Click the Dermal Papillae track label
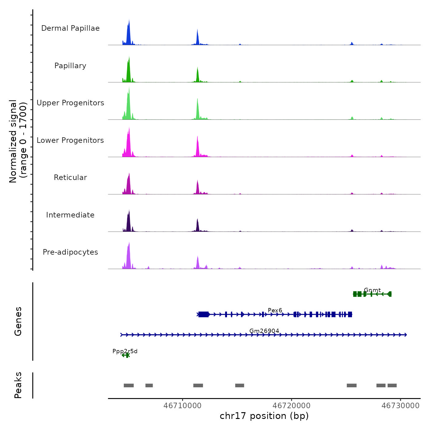[x=70, y=28]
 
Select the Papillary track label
[x=70, y=66]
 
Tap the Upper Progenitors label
[x=70, y=103]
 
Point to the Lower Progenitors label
[x=70, y=140]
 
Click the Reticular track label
[x=70, y=178]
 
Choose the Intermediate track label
[x=70, y=215]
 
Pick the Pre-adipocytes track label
[x=70, y=252]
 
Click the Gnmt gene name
[x=372, y=290]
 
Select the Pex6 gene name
[x=275, y=311]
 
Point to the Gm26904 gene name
[x=264, y=331]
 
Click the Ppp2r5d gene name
[x=125, y=351]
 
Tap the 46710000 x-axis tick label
[x=182, y=406]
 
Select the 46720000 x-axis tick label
[x=291, y=406]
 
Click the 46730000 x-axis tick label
[x=401, y=406]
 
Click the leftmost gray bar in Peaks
[x=129, y=385]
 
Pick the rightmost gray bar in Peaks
[x=392, y=385]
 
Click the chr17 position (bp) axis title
[x=264, y=416]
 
